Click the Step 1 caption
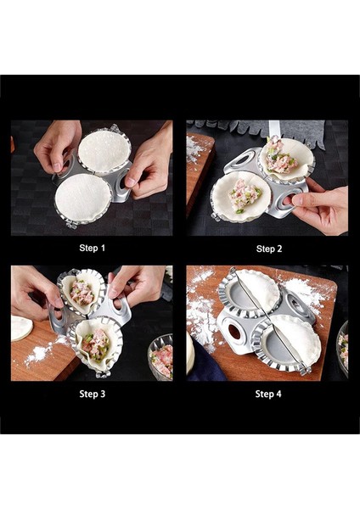tap(93, 249)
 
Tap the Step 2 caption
tap(267, 249)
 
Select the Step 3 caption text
tap(93, 394)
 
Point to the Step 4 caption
tap(267, 394)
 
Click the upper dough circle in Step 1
tap(104, 151)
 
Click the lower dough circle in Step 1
tap(82, 198)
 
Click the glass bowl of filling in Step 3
tap(160, 358)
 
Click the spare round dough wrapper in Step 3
tap(20, 327)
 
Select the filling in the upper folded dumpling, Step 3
tap(82, 293)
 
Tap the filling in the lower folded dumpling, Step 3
tap(95, 344)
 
